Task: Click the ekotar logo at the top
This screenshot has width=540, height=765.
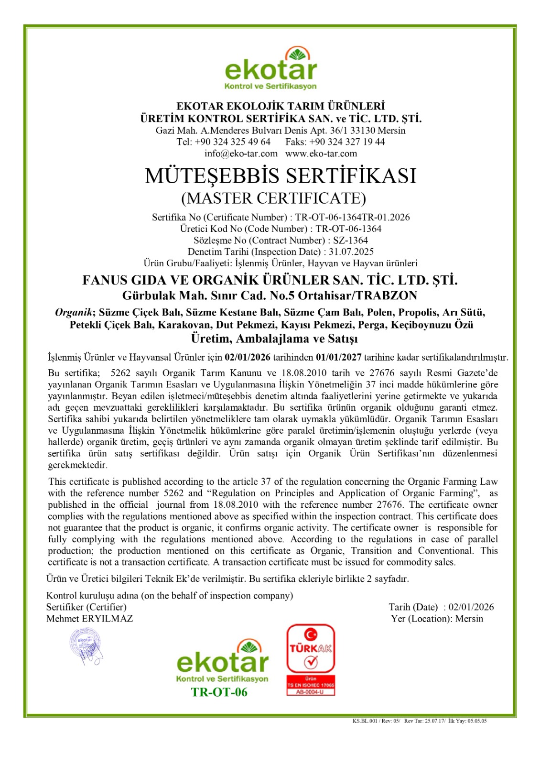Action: point(270,68)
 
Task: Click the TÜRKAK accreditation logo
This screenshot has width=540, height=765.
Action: point(311,659)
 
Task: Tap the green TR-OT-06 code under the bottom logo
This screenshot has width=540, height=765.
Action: point(219,692)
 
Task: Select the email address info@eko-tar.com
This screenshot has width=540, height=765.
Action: point(241,153)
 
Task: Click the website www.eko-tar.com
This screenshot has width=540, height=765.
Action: point(321,153)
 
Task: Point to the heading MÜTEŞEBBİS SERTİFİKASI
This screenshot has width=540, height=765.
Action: point(281,175)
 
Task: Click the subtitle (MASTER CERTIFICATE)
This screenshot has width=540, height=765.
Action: point(273,198)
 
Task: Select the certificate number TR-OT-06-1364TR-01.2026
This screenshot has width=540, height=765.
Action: point(352,217)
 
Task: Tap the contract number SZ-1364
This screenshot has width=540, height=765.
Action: point(350,240)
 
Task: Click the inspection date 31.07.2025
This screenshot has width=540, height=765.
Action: point(351,251)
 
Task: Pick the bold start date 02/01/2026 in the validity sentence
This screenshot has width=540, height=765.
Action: point(248,357)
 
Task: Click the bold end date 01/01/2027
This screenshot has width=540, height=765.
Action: point(339,357)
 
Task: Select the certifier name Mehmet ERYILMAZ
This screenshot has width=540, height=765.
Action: point(89,619)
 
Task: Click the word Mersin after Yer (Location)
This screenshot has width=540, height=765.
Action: point(469,619)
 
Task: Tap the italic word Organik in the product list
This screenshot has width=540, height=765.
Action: point(74,313)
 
